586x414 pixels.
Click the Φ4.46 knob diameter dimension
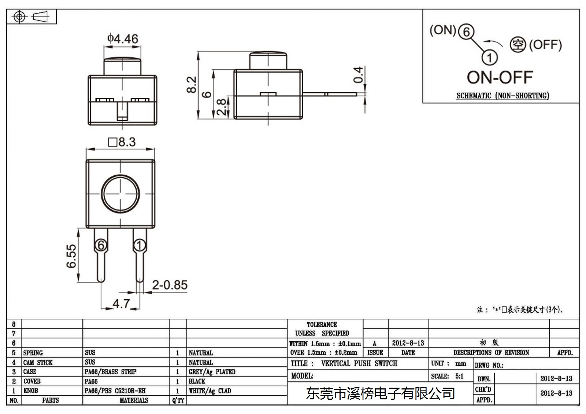(122, 39)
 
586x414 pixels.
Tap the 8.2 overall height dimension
(192, 85)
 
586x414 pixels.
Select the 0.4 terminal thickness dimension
(358, 75)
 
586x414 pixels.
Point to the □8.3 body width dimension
(122, 142)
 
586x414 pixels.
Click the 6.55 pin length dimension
(71, 256)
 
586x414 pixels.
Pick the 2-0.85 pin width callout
(170, 285)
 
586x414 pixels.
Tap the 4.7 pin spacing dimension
(121, 303)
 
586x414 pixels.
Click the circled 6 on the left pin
(101, 245)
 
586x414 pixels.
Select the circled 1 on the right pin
(140, 245)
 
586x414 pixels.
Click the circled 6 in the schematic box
(466, 31)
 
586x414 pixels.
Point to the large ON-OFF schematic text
(500, 77)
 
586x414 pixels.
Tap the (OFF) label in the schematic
(545, 45)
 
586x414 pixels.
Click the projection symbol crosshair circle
(19, 17)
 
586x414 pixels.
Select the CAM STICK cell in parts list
(38, 362)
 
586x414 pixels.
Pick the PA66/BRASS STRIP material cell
(110, 372)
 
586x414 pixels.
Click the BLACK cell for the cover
(197, 381)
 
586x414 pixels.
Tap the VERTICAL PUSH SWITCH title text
(359, 363)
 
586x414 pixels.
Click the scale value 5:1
(459, 376)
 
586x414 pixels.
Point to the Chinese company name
(381, 394)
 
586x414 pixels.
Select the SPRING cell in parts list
(33, 353)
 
